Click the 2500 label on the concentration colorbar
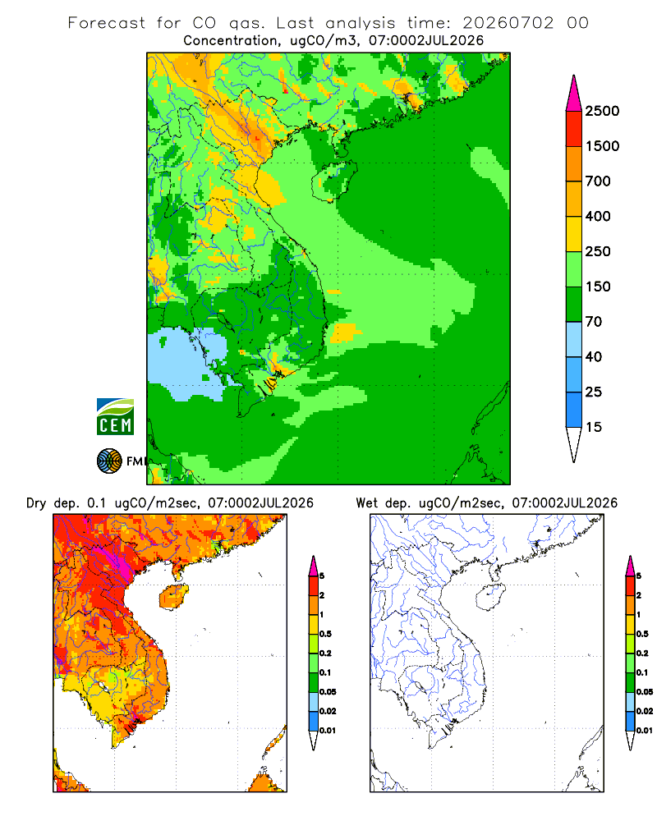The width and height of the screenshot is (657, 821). (602, 111)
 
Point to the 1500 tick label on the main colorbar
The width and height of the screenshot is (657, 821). (602, 146)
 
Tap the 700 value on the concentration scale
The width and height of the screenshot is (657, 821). (598, 181)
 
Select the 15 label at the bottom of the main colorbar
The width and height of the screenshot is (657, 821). (594, 427)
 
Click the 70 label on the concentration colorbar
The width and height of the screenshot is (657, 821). (594, 322)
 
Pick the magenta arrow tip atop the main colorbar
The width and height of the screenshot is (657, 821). (574, 94)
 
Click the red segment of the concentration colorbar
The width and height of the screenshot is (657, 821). (574, 129)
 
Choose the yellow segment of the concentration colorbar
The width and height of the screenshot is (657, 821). (574, 234)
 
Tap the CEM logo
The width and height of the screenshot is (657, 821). (115, 417)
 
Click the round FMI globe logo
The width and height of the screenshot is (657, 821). (109, 461)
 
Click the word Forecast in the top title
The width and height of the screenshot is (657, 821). (107, 23)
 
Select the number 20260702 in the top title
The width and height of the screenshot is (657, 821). (508, 23)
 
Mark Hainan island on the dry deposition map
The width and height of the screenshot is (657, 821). (173, 597)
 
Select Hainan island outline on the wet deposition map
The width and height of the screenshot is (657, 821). (490, 598)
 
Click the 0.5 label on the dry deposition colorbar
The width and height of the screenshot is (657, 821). (325, 634)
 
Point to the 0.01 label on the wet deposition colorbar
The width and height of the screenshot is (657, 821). (645, 731)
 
